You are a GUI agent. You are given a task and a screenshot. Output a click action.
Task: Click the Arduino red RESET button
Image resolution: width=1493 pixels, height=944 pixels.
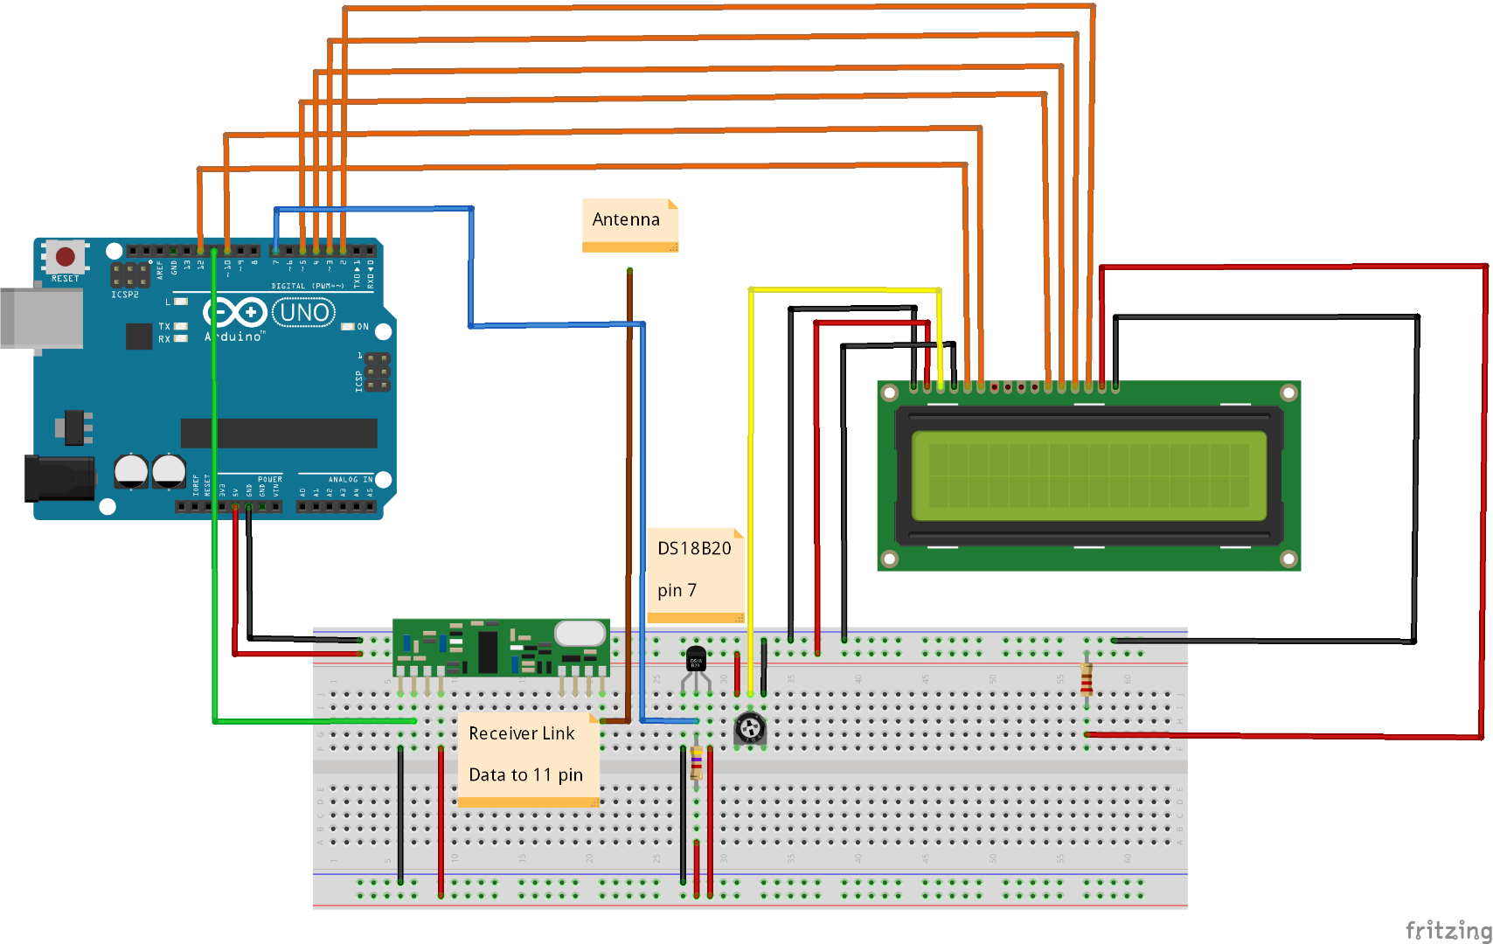66,256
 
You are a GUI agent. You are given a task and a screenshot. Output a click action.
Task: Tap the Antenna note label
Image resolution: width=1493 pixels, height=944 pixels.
626,219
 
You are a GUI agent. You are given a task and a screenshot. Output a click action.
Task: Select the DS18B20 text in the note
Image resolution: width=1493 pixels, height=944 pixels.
694,548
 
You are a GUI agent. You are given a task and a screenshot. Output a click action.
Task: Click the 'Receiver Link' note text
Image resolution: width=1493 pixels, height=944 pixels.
521,733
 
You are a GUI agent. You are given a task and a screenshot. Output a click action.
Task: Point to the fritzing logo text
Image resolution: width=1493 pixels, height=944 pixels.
1447,930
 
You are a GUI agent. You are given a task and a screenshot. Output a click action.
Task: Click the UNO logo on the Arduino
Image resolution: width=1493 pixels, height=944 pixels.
304,312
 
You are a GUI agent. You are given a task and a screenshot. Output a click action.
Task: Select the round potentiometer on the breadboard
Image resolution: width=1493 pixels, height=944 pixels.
750,727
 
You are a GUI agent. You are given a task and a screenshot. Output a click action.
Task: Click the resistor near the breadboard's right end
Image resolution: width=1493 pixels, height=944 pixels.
1087,678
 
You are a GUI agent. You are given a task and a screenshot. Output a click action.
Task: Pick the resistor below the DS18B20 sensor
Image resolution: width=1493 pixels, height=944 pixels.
697,762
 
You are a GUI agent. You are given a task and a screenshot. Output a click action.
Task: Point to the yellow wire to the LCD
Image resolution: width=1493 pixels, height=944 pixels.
751,481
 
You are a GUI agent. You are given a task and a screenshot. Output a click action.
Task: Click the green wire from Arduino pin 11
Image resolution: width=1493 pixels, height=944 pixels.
214,524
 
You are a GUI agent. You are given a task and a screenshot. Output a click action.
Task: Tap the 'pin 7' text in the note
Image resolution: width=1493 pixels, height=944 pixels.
677,590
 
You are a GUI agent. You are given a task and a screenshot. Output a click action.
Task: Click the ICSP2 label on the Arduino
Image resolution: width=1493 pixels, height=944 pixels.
125,295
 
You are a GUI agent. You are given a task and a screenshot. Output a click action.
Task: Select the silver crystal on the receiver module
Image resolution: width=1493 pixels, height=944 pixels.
580,632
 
